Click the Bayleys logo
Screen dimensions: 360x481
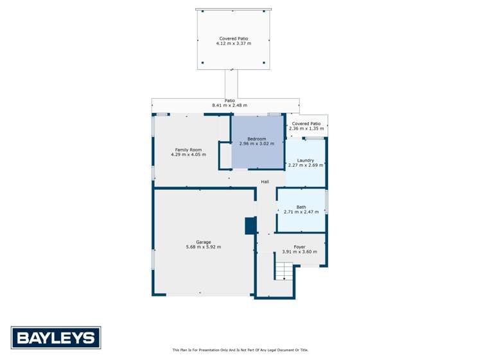pyautogui.click(x=55, y=337)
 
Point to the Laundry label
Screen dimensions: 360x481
pyautogui.click(x=305, y=160)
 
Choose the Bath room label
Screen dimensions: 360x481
pyautogui.click(x=301, y=207)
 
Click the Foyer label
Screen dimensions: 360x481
pyautogui.click(x=299, y=247)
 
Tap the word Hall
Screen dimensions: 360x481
pyautogui.click(x=265, y=182)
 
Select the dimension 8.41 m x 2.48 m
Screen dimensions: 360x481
pyautogui.click(x=229, y=105)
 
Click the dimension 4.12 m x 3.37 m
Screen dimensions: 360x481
pyautogui.click(x=233, y=44)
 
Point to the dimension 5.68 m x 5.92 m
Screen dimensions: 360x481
pyautogui.click(x=203, y=247)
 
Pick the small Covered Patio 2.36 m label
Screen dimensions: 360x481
pyautogui.click(x=306, y=123)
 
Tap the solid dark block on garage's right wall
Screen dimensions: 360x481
pyautogui.click(x=250, y=226)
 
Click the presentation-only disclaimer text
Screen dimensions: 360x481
pyautogui.click(x=240, y=350)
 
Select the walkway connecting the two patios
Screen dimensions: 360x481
pyautogui.click(x=231, y=83)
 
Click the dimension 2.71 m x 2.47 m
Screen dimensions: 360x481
pyautogui.click(x=301, y=212)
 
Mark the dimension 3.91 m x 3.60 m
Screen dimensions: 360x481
pyautogui.click(x=299, y=252)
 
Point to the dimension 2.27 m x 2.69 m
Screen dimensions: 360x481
pyautogui.click(x=305, y=165)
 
